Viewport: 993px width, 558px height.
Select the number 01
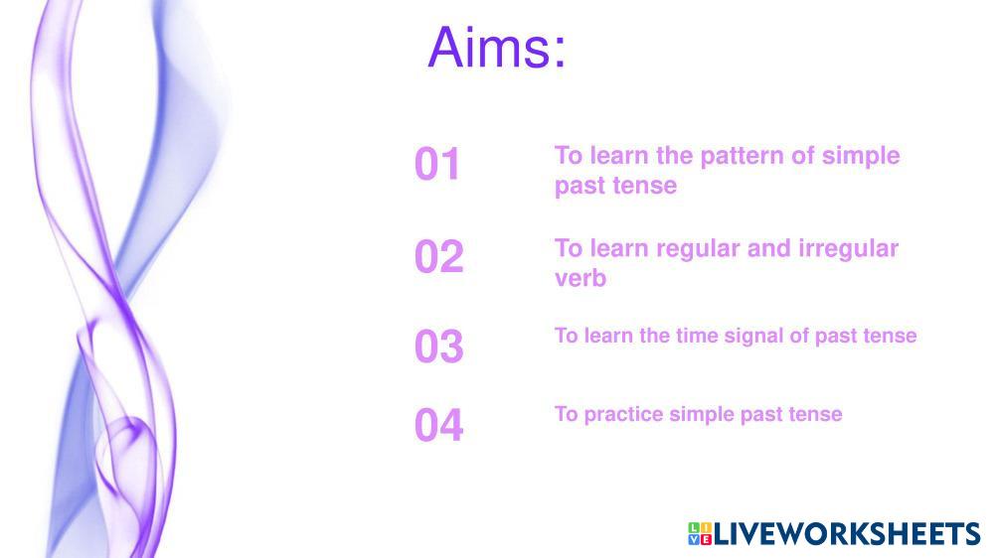coord(437,164)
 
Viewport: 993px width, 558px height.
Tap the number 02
coord(439,256)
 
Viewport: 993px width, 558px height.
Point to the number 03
coord(439,347)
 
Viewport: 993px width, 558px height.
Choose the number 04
coord(439,425)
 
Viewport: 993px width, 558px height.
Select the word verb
coord(580,278)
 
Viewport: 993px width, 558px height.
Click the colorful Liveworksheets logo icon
coord(700,533)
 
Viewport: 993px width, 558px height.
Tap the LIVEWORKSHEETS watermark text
coord(847,533)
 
